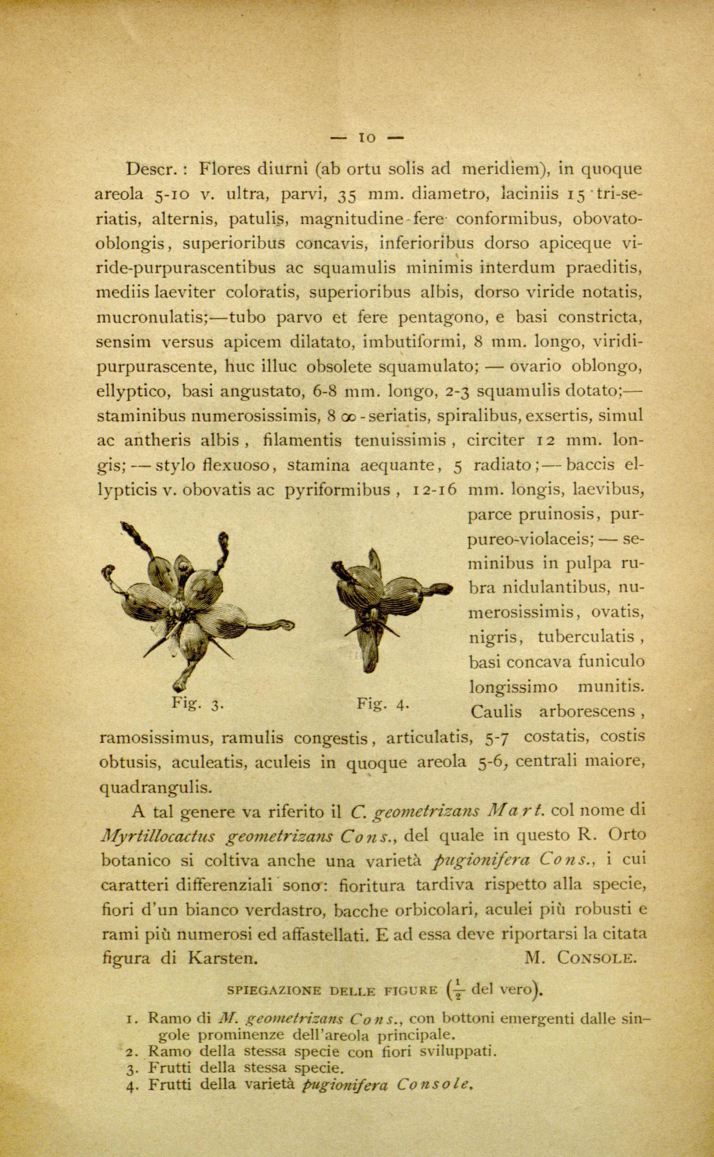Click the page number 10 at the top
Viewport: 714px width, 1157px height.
click(367, 138)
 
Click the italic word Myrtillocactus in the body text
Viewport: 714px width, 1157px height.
click(158, 836)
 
